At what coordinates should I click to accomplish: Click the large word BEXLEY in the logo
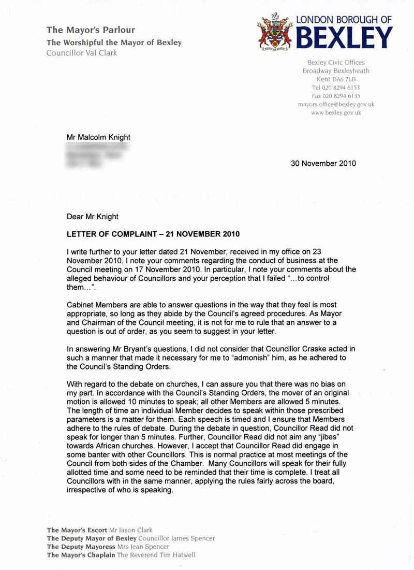point(344,38)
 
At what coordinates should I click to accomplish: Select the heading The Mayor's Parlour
point(91,30)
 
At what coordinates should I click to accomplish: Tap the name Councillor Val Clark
point(82,53)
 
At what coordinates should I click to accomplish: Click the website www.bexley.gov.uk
point(336,112)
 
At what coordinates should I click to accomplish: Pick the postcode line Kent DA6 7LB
point(336,79)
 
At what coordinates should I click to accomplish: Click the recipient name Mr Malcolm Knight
point(98,137)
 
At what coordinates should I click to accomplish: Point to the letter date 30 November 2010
point(323,164)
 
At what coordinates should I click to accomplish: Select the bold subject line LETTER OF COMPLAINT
point(153,234)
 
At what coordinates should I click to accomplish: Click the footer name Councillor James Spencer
point(177,538)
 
